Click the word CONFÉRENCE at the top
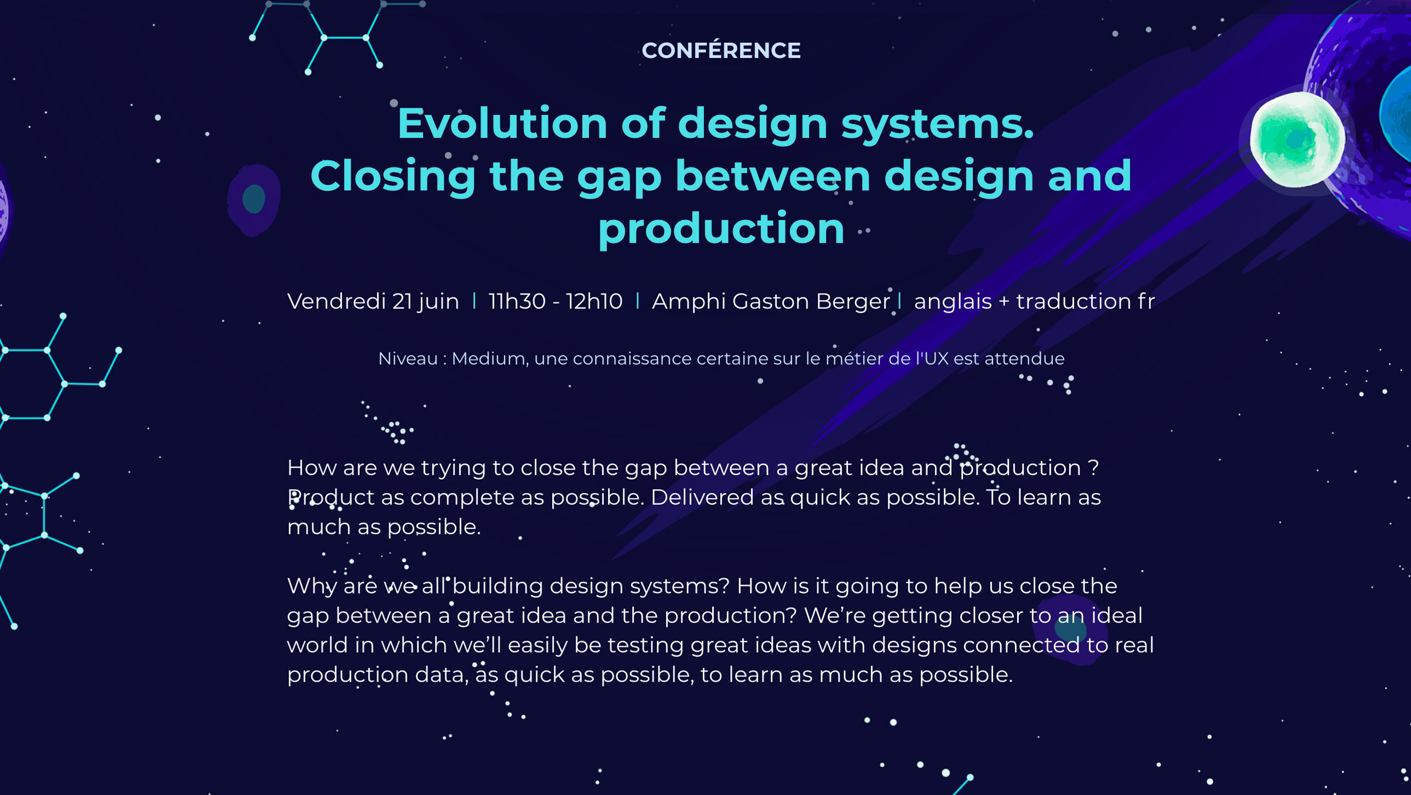point(721,50)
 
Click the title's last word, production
point(721,229)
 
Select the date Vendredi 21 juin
point(373,301)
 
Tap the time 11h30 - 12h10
point(555,301)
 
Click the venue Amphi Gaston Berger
point(771,302)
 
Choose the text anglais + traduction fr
point(1034,301)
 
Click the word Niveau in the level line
point(408,359)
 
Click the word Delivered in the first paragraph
point(702,497)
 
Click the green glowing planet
point(1297,140)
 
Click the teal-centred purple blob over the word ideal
point(1071,630)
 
